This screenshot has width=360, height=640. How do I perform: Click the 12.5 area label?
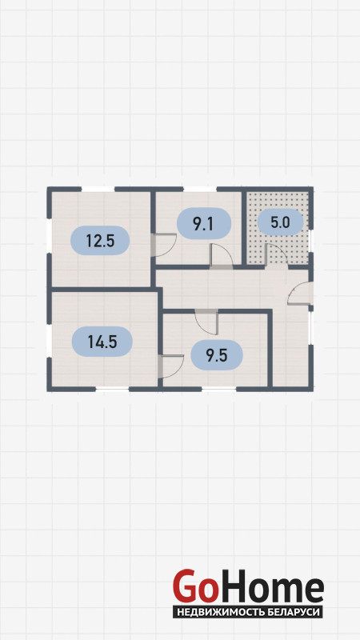[100, 241]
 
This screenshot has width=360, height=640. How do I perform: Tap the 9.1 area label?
[203, 224]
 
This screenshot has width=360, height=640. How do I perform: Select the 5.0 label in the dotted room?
[280, 223]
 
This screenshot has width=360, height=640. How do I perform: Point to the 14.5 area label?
[102, 342]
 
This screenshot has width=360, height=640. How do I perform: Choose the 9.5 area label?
[216, 355]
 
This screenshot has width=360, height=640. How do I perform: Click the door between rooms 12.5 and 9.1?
[163, 245]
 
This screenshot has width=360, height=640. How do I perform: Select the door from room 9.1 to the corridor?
[222, 256]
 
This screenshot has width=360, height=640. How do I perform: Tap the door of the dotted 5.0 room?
[276, 255]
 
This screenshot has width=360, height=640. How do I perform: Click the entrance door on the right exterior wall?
[300, 293]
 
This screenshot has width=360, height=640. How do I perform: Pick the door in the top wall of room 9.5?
[206, 322]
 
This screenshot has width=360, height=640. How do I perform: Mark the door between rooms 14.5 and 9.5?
[170, 366]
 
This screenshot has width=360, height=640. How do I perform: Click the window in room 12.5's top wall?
[98, 189]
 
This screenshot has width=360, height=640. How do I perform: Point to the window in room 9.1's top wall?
[199, 189]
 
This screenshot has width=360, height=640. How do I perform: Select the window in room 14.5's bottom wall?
[112, 389]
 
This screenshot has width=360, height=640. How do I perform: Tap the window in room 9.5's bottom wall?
[218, 389]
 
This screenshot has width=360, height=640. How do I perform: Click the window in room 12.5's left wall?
[50, 236]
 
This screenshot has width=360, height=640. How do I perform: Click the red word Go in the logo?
[194, 586]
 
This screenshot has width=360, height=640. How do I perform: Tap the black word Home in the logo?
[270, 586]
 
